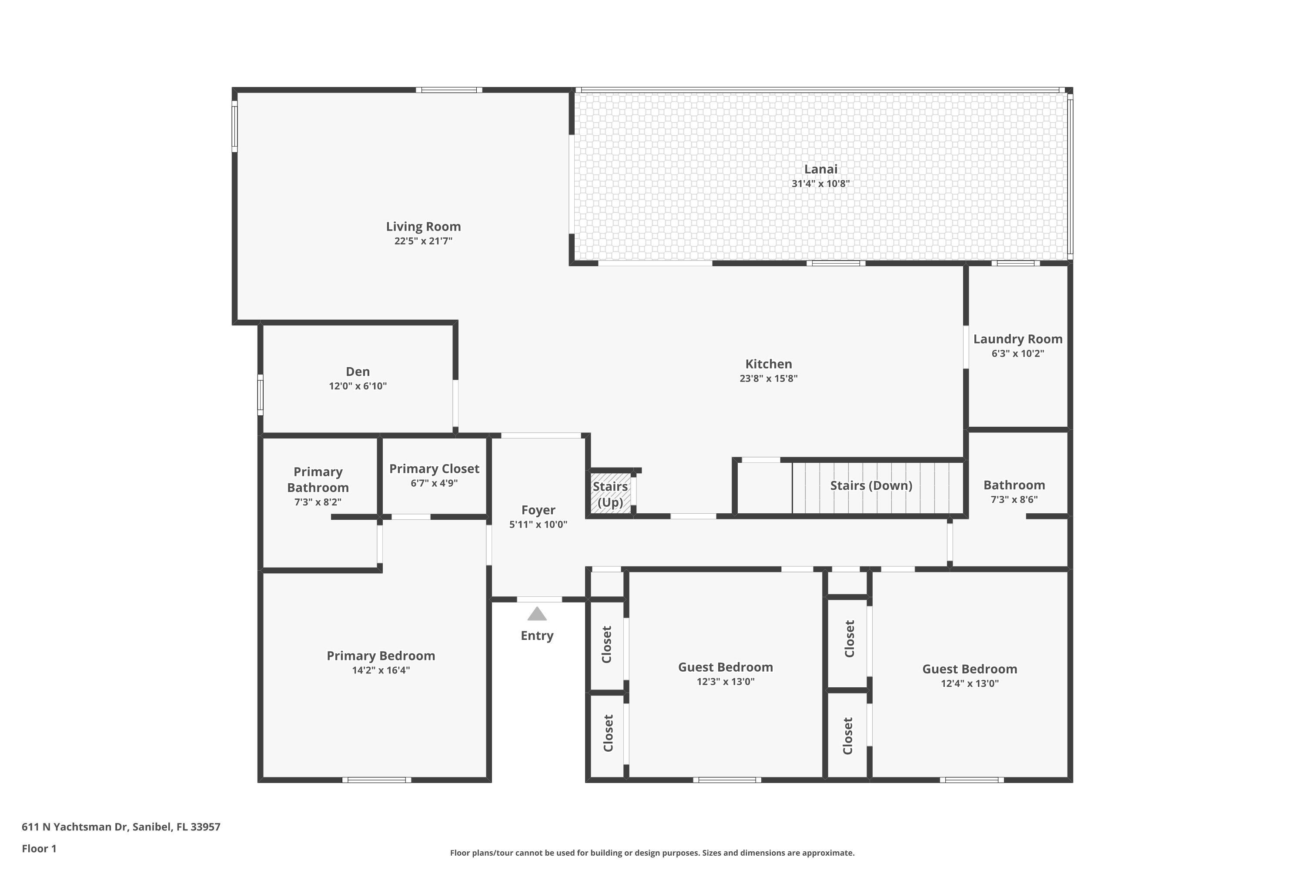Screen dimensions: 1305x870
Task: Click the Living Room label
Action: (423, 226)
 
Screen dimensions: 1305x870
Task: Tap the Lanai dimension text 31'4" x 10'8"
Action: (820, 184)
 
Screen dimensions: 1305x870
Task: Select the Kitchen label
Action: (769, 364)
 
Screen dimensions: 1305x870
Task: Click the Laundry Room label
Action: (1017, 339)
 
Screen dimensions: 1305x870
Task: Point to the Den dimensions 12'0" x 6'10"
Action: (358, 386)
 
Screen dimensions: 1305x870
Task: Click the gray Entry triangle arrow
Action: (536, 614)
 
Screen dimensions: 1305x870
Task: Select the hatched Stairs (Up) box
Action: (610, 493)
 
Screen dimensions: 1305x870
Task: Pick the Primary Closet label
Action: (434, 469)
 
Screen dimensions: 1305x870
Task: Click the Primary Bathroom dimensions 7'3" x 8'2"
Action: (318, 502)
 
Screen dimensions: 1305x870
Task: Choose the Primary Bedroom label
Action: (381, 656)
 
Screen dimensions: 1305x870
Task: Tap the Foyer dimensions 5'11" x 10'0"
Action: (538, 524)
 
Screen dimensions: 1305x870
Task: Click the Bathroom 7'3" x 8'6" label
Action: (1014, 485)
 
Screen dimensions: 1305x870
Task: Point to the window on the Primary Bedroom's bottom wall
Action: (377, 780)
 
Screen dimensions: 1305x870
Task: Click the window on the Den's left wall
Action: (260, 395)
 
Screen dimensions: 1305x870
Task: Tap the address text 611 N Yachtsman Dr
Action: (75, 827)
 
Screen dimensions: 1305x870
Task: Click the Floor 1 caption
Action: (39, 848)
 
